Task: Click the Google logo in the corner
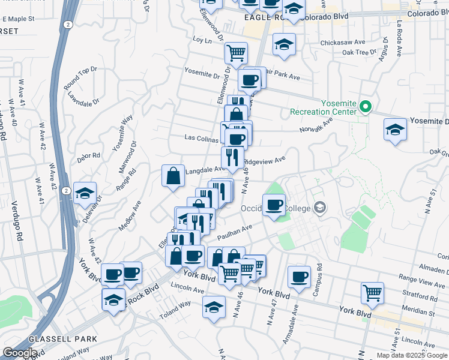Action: pyautogui.click(x=20, y=353)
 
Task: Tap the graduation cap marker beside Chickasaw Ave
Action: pyautogui.click(x=285, y=44)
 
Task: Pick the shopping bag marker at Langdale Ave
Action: pyautogui.click(x=173, y=176)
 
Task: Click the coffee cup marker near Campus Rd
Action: pyautogui.click(x=298, y=276)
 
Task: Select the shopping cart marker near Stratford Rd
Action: pyautogui.click(x=373, y=293)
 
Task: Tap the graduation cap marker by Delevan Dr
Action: pyautogui.click(x=85, y=194)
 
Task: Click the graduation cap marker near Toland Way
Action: pyautogui.click(x=214, y=307)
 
